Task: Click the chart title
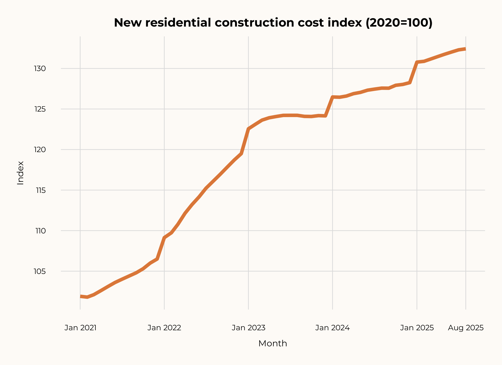273,23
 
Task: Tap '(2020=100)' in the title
399,23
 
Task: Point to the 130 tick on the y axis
40,69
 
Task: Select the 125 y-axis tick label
40,109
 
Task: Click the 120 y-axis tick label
40,150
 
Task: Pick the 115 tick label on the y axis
41,190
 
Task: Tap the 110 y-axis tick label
41,231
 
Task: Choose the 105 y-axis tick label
40,271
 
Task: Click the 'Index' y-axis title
20,173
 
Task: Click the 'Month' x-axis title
272,343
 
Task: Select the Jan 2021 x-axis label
80,328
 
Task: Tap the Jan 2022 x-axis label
164,328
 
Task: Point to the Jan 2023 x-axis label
248,328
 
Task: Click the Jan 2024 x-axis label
332,328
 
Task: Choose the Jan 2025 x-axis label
417,328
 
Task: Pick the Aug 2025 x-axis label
466,328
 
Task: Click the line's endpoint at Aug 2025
465,49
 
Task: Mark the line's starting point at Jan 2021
81,296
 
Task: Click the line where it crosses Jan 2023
248,129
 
